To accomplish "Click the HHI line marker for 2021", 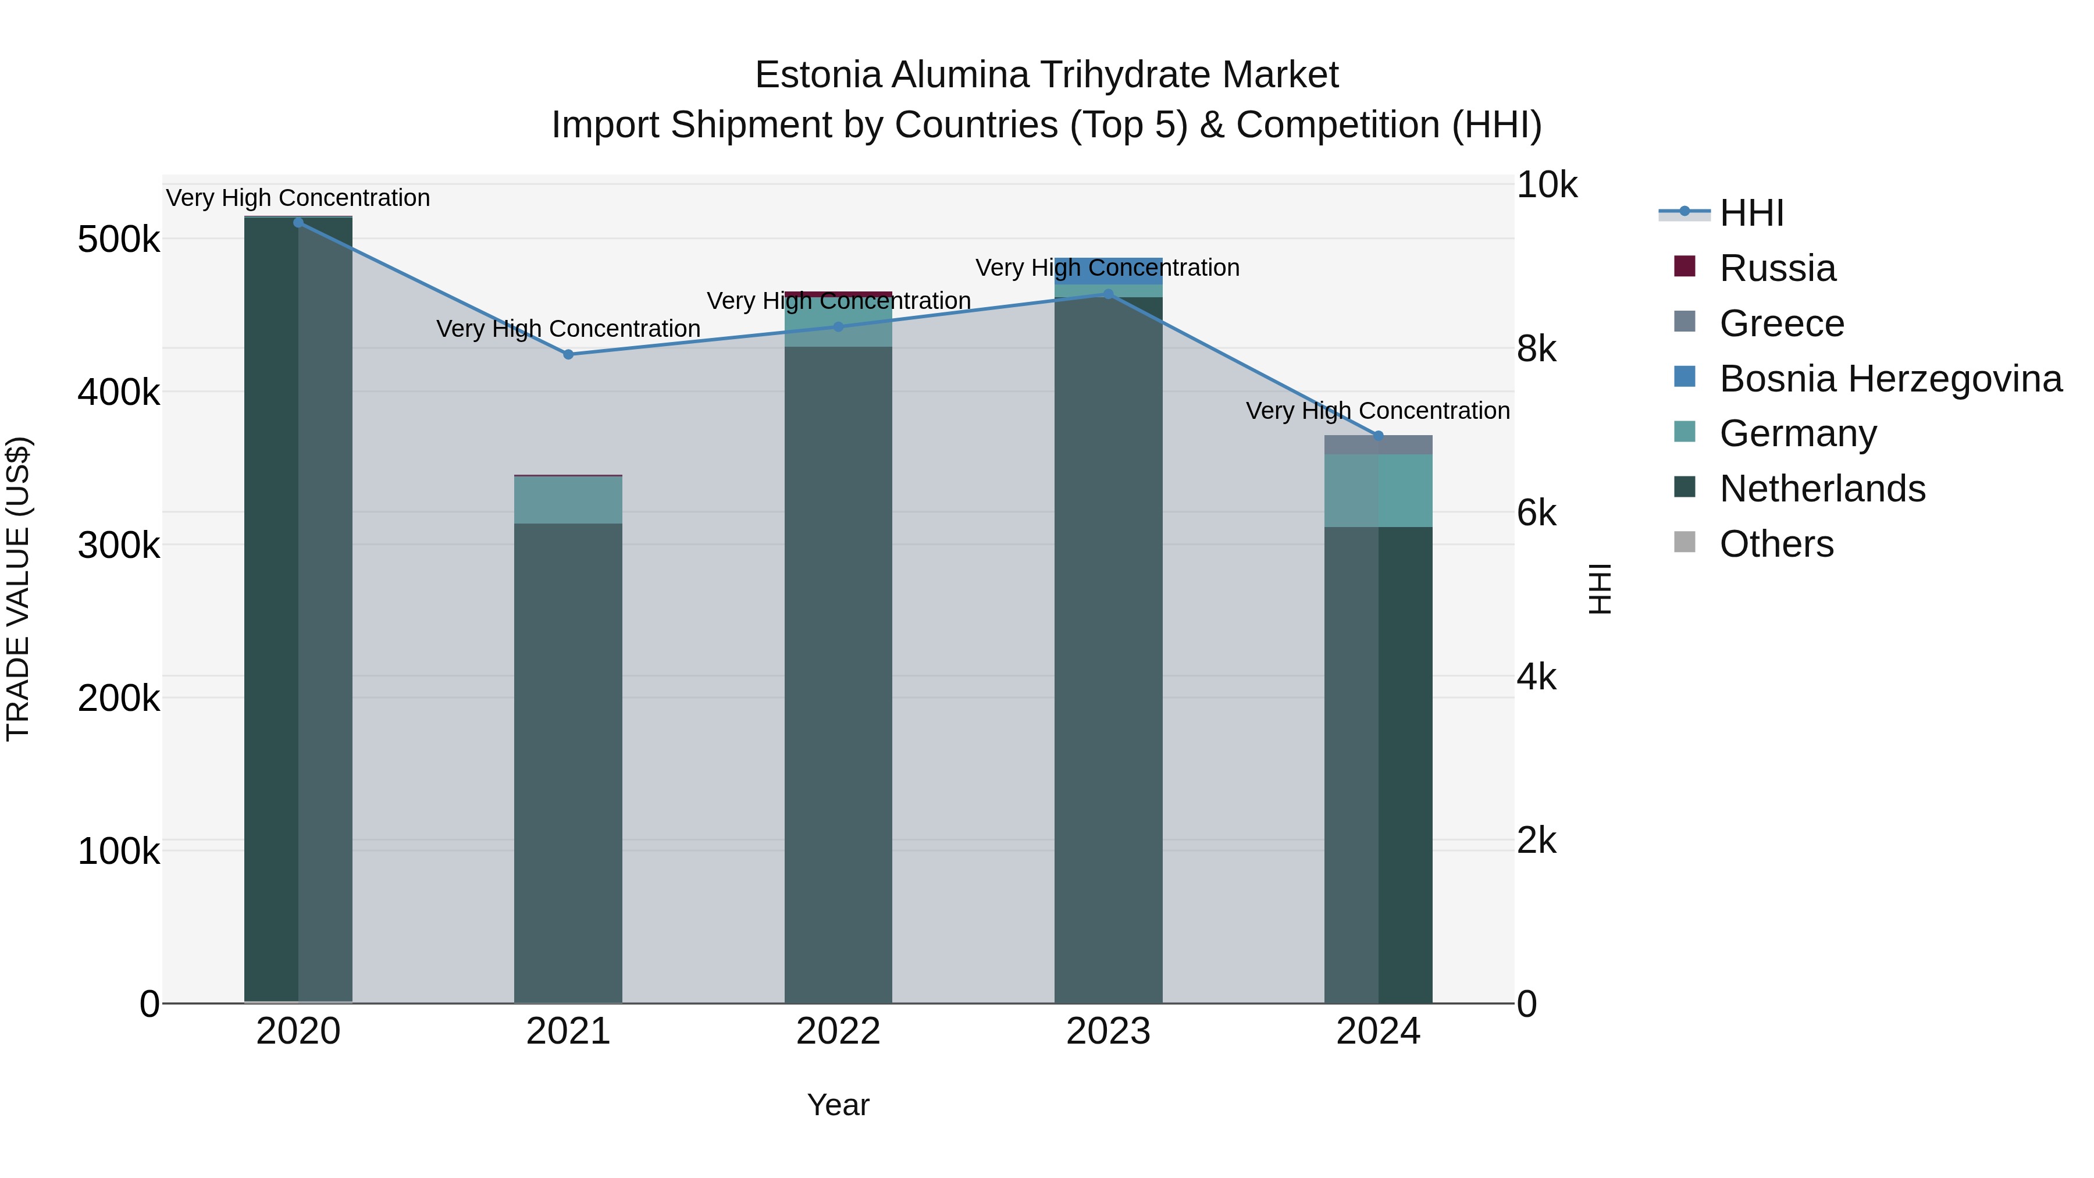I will coord(568,354).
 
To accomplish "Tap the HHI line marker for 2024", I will coord(1378,436).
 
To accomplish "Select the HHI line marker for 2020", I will coord(298,223).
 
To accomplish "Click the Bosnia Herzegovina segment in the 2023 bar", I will coord(1108,271).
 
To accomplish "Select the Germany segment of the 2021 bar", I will coord(568,500).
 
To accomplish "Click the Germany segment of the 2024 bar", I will coord(1378,490).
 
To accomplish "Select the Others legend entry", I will coord(1776,544).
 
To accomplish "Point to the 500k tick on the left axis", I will coord(119,240).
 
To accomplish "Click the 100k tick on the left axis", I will coord(119,851).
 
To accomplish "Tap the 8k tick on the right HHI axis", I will coord(1536,349).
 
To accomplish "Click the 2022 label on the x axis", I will coord(838,1031).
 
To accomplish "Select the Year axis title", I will coord(838,1105).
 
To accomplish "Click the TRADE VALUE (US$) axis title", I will coord(18,589).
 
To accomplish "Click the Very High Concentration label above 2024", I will coord(1378,411).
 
